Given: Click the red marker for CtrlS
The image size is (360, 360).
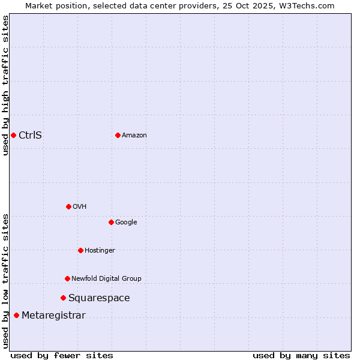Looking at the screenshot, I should (13, 135).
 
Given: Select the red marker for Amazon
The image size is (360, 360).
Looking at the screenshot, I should (118, 135).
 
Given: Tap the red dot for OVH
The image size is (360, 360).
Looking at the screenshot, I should (68, 206).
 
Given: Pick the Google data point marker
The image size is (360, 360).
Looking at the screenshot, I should (111, 222).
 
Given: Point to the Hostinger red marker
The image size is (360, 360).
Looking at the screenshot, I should (80, 250).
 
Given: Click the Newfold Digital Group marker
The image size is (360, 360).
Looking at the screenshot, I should (67, 278).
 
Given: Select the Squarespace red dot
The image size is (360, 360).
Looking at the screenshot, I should (63, 298).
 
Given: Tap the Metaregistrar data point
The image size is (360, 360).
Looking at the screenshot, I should (16, 316).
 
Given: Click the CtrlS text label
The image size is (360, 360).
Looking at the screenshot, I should (30, 135).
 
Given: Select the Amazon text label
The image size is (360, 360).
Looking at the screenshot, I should (134, 136).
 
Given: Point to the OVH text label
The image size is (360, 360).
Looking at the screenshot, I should (80, 207).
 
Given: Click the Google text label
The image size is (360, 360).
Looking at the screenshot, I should (126, 223).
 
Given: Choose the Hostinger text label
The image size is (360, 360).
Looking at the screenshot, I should (100, 251).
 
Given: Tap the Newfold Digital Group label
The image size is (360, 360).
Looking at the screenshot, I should (106, 279).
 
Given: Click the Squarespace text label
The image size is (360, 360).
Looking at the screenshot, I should (99, 298).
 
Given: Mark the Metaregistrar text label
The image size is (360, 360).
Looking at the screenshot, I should (53, 316).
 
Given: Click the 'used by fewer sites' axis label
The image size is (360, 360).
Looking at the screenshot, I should (62, 355).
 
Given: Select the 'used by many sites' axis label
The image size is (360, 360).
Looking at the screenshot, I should (301, 355).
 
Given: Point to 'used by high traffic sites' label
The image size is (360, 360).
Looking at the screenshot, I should (5, 85).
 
